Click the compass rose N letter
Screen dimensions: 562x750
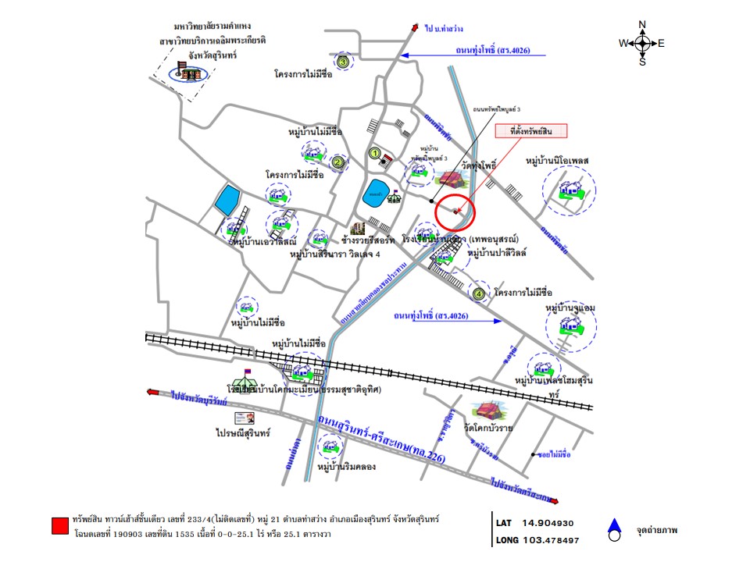[642, 24]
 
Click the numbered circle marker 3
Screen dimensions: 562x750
[342, 62]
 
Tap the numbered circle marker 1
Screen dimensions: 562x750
[375, 154]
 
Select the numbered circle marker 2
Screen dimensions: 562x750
[337, 163]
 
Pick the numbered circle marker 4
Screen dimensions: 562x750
[479, 294]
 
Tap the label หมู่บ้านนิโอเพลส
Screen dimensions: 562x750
[556, 161]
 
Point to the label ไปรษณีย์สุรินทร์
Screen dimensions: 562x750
[243, 432]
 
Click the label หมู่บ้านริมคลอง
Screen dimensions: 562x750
[348, 467]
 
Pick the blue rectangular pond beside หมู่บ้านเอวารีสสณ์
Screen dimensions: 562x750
[229, 201]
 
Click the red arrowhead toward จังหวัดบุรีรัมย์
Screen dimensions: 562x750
[153, 392]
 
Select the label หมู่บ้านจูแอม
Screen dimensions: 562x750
[570, 308]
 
